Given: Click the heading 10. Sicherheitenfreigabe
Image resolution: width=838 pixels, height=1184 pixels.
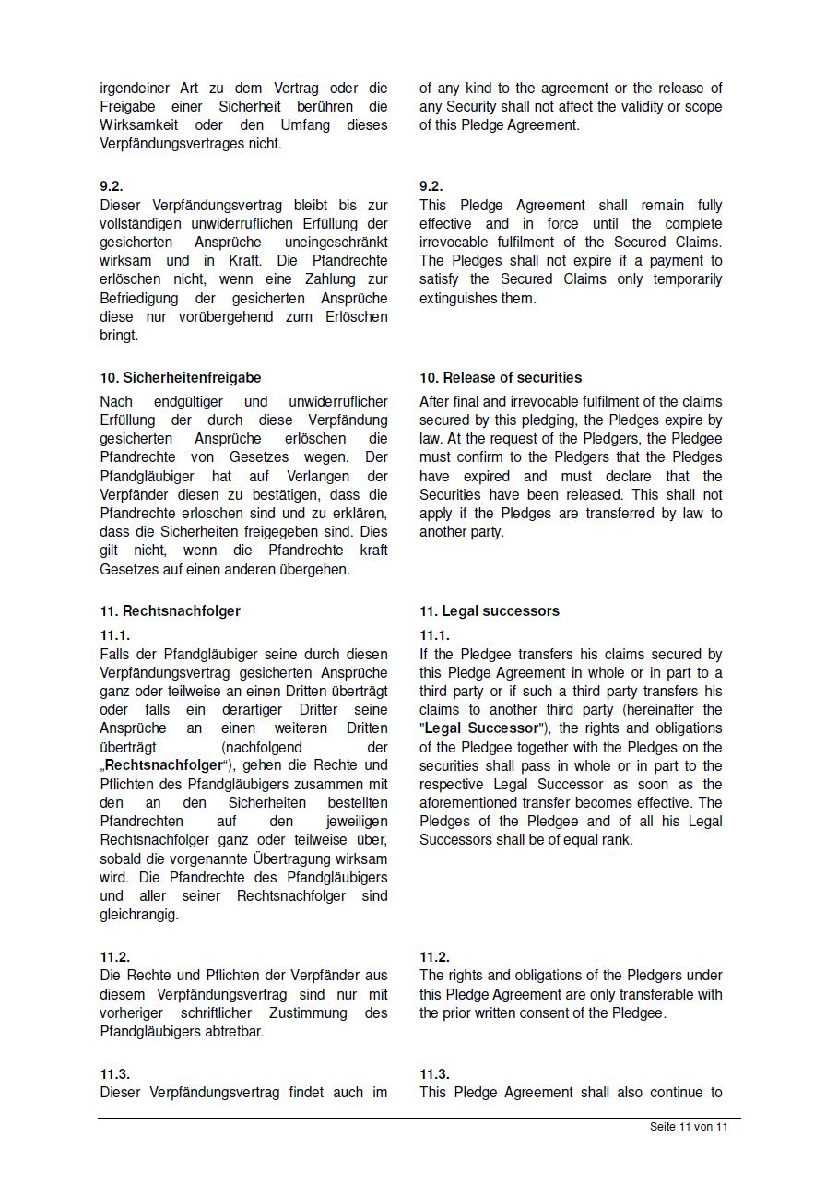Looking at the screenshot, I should point(181,378).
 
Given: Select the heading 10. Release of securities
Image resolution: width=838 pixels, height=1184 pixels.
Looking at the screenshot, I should point(501,378).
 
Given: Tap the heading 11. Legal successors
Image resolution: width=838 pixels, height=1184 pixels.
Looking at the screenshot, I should point(490,611).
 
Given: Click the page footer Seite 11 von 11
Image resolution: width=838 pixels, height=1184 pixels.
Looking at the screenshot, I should point(689,1127).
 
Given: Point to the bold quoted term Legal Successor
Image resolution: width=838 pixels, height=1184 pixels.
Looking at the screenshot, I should point(480,728).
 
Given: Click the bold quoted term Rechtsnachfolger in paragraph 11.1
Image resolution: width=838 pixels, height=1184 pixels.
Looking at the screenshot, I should point(164,765).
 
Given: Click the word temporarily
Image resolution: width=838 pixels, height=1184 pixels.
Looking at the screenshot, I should point(688,279).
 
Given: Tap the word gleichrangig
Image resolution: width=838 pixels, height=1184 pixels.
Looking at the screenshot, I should point(139,915).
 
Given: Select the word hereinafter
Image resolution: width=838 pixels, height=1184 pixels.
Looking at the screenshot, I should point(658,710).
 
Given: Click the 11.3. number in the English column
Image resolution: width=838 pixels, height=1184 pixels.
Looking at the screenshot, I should point(434,1074).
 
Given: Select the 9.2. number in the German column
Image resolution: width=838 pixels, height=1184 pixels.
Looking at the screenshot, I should point(112,186).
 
